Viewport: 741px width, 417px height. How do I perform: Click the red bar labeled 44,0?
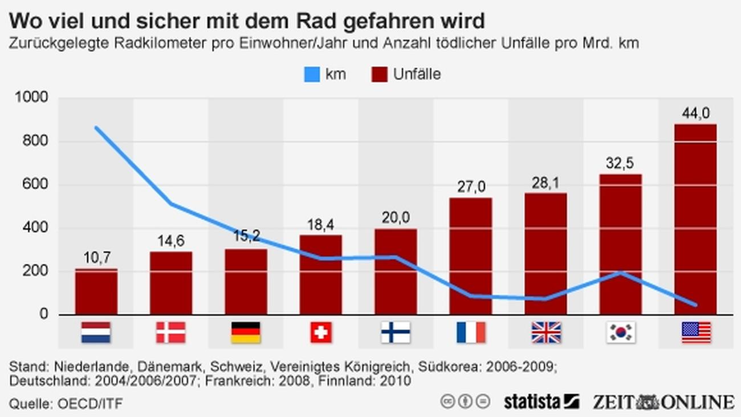pyautogui.click(x=695, y=219)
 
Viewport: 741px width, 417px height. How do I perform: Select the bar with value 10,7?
pyautogui.click(x=96, y=292)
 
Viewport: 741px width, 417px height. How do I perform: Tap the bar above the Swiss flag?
pyautogui.click(x=321, y=274)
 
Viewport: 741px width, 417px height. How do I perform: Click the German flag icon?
pyautogui.click(x=246, y=333)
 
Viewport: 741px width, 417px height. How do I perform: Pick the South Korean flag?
pyautogui.click(x=621, y=333)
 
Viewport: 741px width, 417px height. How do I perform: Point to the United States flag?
pyautogui.click(x=696, y=333)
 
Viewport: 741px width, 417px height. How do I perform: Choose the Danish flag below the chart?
pyautogui.click(x=171, y=333)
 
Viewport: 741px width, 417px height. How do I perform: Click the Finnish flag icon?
pyautogui.click(x=396, y=333)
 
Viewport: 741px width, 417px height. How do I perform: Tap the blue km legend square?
pyautogui.click(x=312, y=75)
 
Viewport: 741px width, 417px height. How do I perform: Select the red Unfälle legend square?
pyautogui.click(x=379, y=75)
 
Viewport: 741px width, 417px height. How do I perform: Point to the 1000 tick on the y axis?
pyautogui.click(x=32, y=98)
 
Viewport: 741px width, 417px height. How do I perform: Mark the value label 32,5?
pyautogui.click(x=620, y=164)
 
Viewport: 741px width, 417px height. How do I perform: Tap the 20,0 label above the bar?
pyautogui.click(x=396, y=217)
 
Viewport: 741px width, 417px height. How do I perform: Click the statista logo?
pyautogui.click(x=540, y=401)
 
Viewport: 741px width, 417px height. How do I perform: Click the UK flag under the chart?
pyautogui.click(x=545, y=333)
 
